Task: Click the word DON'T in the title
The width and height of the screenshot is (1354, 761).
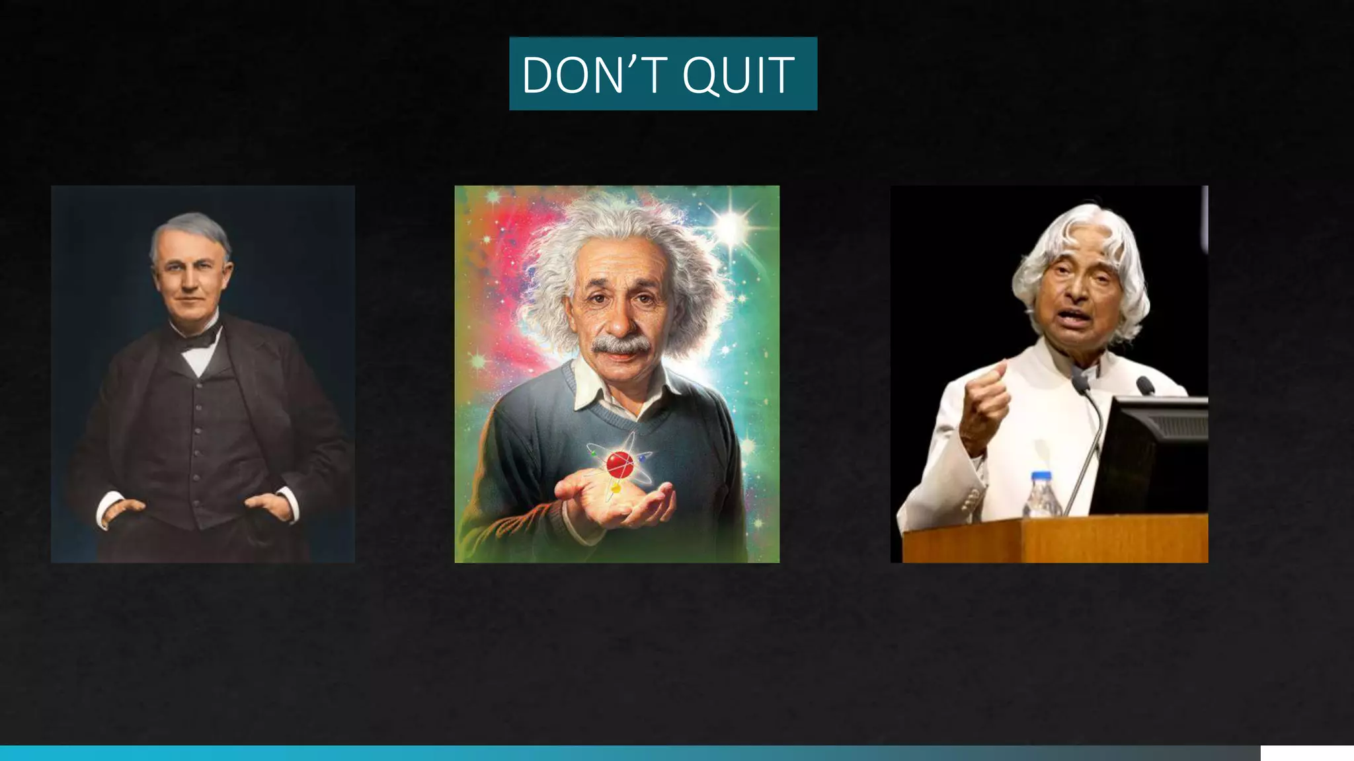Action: coord(592,75)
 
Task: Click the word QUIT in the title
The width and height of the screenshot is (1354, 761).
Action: coord(738,75)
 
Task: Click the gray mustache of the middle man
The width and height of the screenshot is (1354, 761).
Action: coord(619,345)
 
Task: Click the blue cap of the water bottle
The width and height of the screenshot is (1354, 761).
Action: coord(1041,475)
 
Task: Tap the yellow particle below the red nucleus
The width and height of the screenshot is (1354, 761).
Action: coord(615,489)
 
